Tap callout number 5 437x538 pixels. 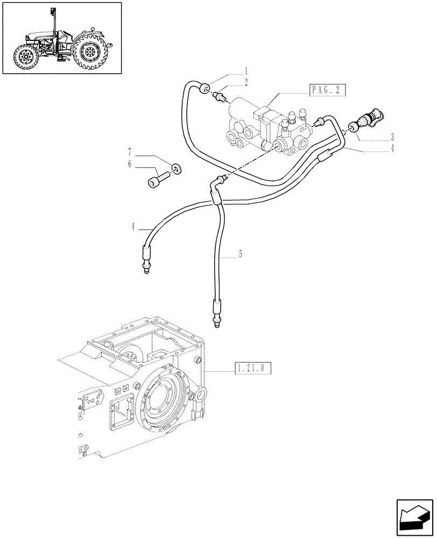[x=241, y=253]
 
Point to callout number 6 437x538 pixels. [x=129, y=165]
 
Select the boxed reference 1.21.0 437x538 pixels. [x=252, y=369]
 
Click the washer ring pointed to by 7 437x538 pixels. [x=175, y=169]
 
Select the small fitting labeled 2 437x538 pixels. [x=220, y=97]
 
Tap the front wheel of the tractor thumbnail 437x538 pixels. [x=25, y=56]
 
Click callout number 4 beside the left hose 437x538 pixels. [x=132, y=227]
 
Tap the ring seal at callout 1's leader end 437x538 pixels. [x=205, y=89]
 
